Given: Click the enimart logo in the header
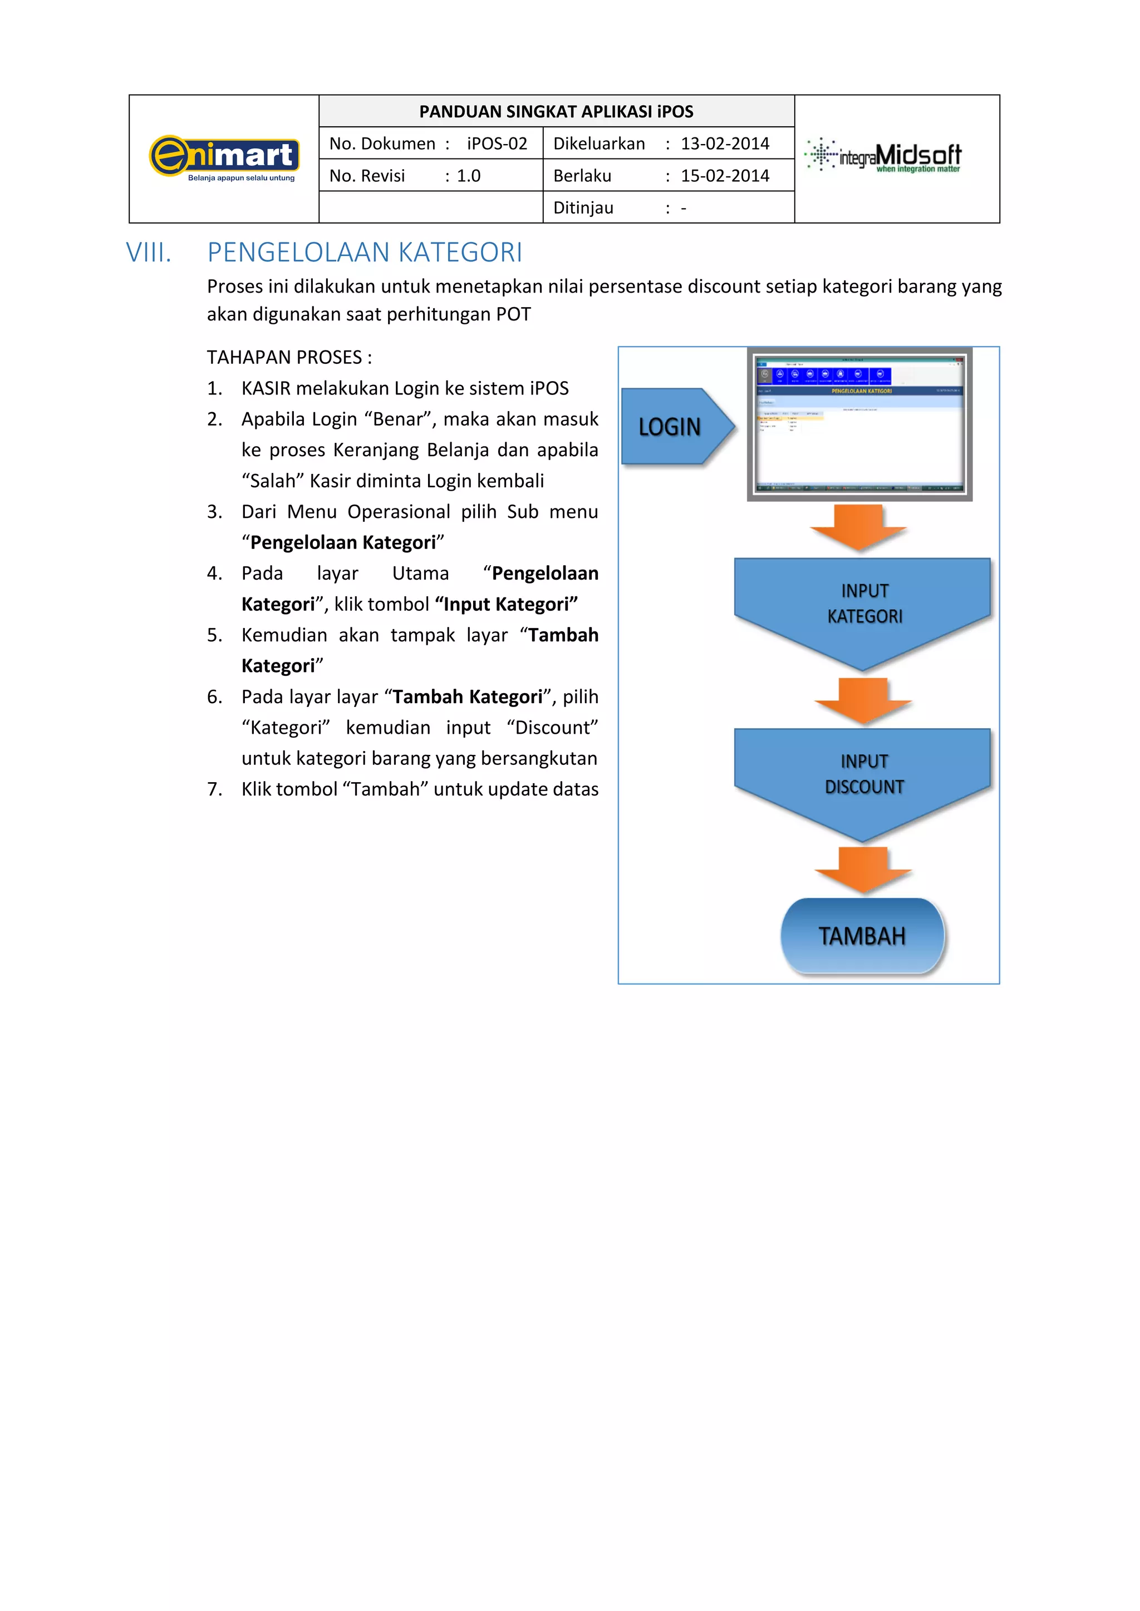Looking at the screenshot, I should (225, 158).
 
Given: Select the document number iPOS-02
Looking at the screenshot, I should (497, 144).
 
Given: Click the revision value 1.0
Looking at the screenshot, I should (468, 176).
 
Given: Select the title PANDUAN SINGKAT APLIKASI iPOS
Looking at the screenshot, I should (556, 112).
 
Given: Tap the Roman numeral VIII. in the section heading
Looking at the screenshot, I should (149, 253).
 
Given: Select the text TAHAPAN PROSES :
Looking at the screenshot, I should (289, 357).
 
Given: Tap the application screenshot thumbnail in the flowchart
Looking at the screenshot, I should (859, 424).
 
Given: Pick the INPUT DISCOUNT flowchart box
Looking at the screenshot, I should (863, 775).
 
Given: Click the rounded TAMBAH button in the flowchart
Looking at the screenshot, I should (862, 936).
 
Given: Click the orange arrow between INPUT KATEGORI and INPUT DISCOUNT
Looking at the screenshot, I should (863, 700).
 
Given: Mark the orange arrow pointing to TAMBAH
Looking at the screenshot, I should (863, 869).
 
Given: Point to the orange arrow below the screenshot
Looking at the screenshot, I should (858, 527).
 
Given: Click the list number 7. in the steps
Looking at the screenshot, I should (214, 789).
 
